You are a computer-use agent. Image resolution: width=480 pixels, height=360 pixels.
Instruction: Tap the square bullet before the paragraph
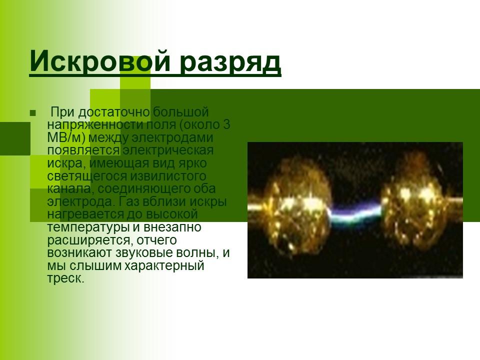pyautogui.click(x=33, y=112)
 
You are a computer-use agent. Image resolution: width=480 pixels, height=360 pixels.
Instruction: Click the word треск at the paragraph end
pyautogui.click(x=65, y=278)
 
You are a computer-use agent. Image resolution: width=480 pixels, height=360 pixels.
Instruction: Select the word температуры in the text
pyautogui.click(x=89, y=227)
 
